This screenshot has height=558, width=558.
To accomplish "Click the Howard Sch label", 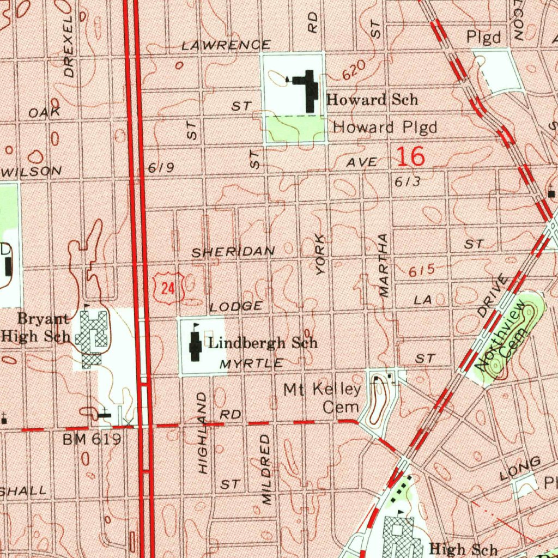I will (x=372, y=100).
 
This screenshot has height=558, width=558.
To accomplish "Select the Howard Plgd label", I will (x=385, y=128).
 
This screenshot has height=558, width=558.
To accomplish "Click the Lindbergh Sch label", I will (x=263, y=343).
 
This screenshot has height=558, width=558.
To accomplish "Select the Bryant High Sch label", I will (x=36, y=327).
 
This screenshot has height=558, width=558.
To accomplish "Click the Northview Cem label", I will (x=504, y=338).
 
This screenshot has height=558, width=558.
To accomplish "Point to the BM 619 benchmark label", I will (x=92, y=439).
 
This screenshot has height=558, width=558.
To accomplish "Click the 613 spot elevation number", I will (x=407, y=181).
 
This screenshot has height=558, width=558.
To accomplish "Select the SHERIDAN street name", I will (x=233, y=252).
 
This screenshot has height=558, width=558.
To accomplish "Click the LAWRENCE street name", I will (x=226, y=45).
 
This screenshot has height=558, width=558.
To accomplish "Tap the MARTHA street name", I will (x=384, y=265).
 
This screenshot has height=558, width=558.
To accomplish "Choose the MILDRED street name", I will (x=266, y=469).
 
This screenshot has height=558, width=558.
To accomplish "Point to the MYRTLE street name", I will (x=251, y=363).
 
